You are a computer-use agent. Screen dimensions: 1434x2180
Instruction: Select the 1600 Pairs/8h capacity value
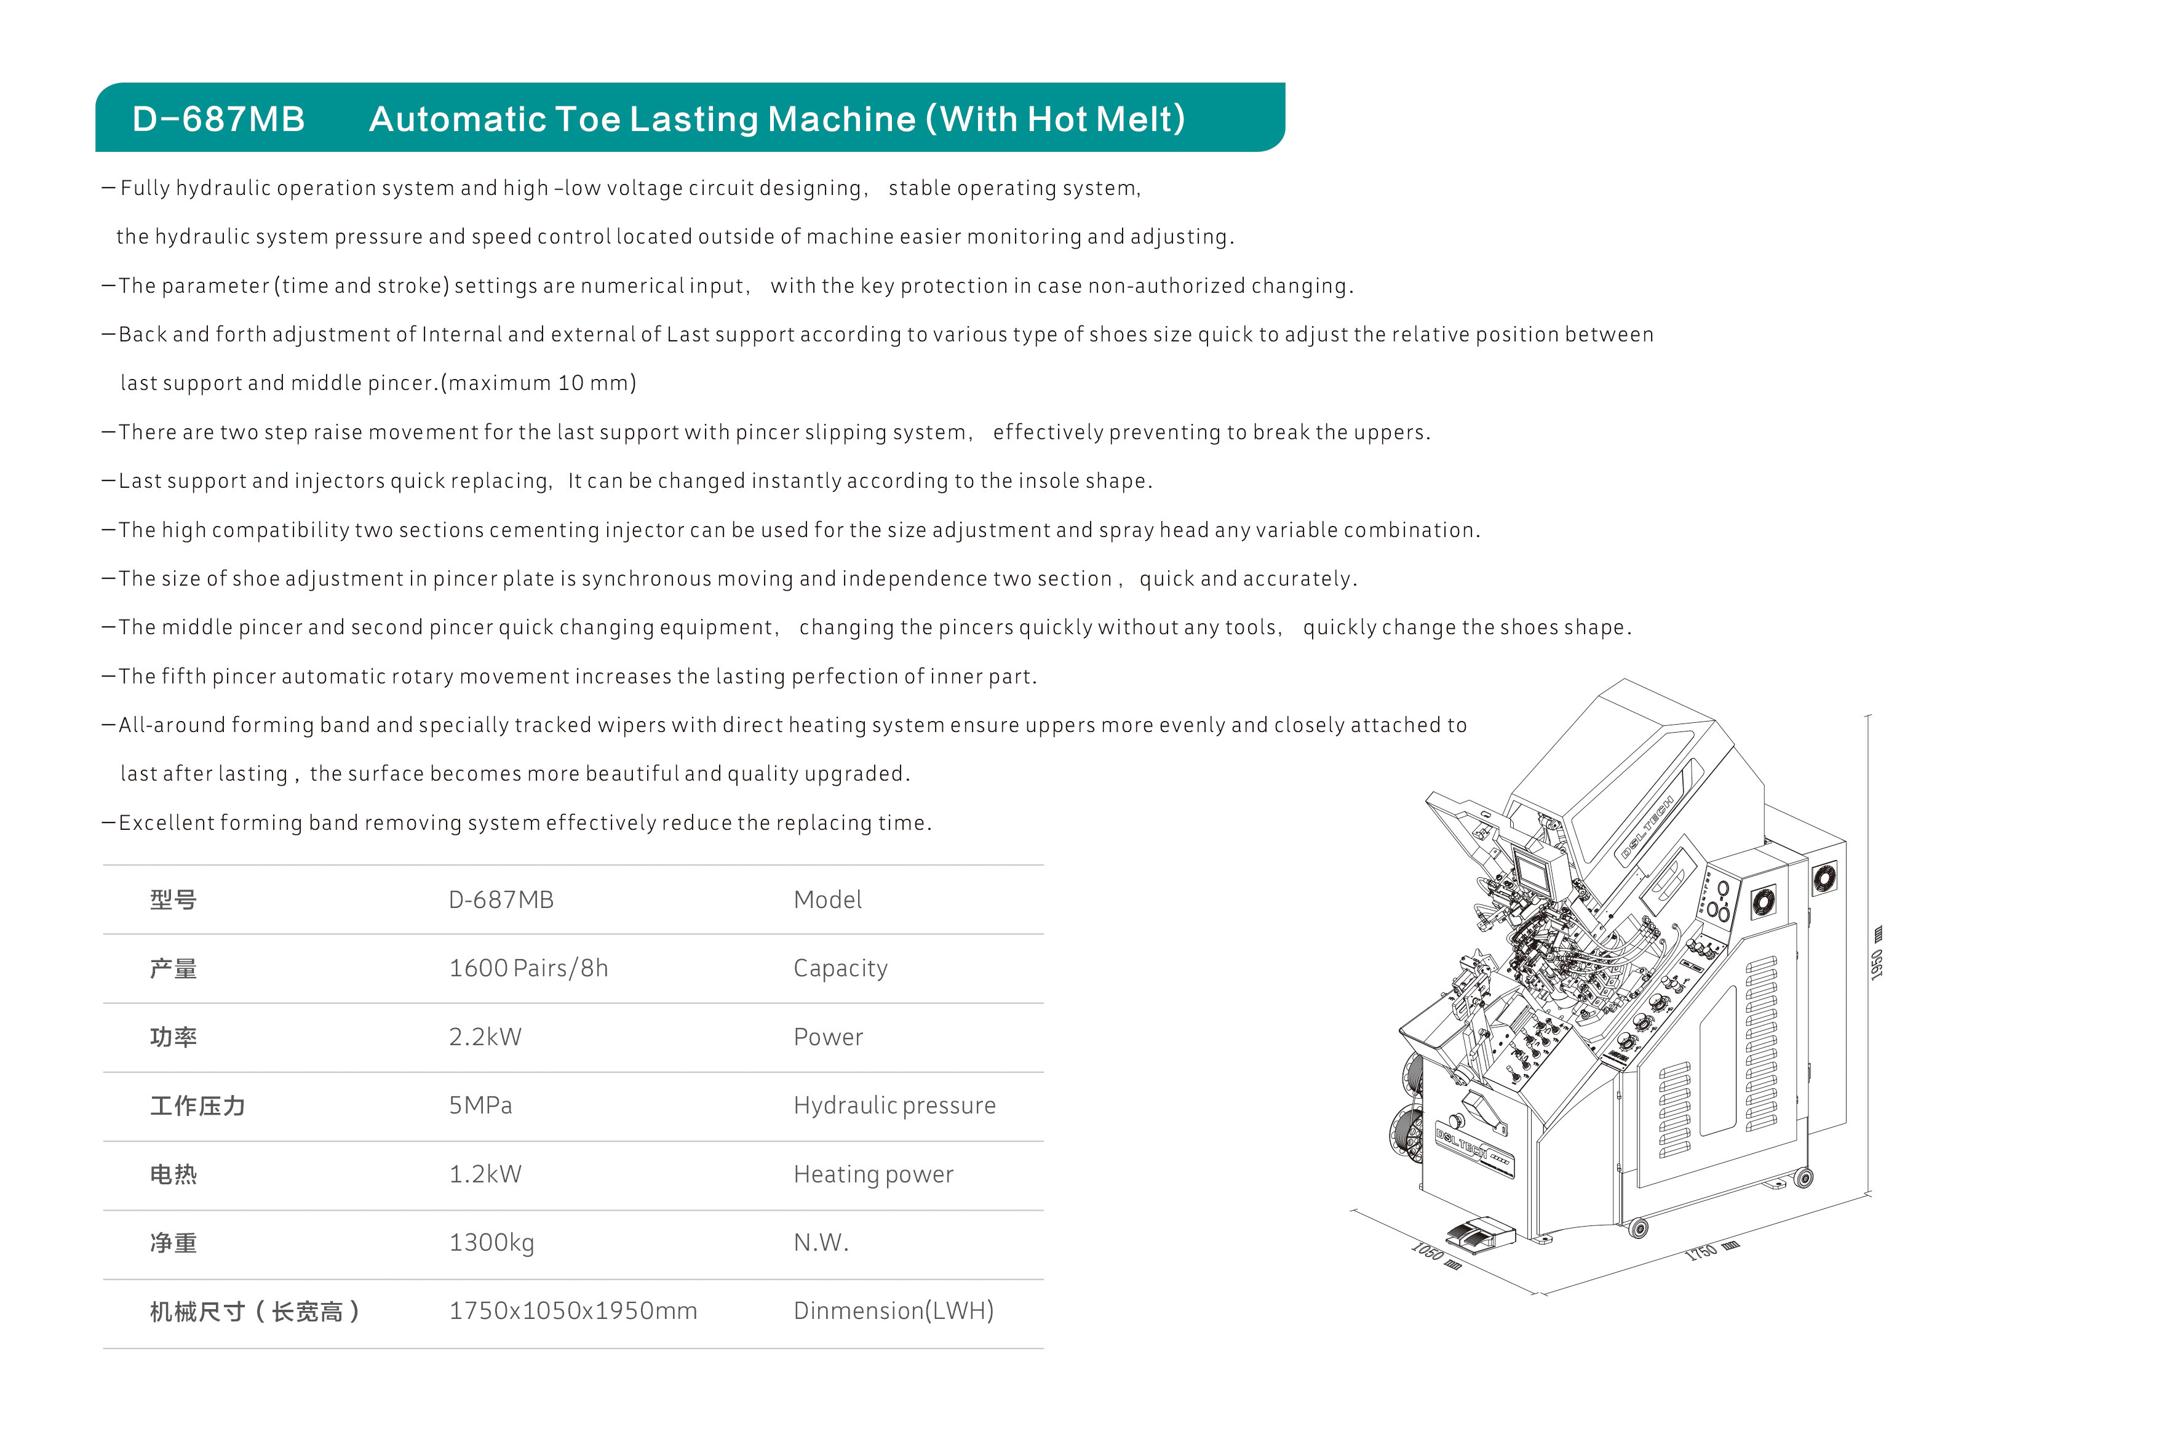528,968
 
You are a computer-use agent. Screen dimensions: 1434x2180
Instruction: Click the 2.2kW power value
485,1037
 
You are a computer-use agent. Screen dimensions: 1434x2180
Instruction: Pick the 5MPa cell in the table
480,1106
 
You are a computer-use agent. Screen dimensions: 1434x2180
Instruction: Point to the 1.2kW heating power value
485,1174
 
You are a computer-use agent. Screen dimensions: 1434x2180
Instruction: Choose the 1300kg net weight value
491,1243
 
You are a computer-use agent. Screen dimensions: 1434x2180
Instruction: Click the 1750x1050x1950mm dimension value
573,1311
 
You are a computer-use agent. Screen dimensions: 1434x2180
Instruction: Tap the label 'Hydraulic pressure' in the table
894,1106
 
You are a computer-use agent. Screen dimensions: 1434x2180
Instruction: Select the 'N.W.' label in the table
821,1243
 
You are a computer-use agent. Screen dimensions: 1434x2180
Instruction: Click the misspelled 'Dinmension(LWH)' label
893,1311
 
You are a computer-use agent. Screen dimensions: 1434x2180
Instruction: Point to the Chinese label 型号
173,900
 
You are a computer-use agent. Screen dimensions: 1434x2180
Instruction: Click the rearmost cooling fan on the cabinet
1824,878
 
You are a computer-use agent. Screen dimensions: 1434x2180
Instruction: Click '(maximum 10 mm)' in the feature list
539,383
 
